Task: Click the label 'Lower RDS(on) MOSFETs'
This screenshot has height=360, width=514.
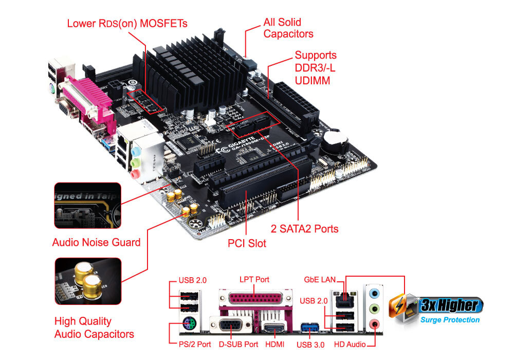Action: (x=127, y=24)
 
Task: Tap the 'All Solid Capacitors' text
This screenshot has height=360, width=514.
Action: (x=288, y=28)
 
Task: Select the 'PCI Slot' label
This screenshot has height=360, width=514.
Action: (x=247, y=243)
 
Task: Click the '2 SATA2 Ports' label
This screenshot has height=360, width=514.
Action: (x=305, y=228)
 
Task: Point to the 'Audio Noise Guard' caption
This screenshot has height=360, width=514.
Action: (x=96, y=242)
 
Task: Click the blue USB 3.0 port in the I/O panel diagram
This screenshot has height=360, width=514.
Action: (x=311, y=328)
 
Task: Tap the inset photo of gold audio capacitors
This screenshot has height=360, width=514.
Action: (x=88, y=281)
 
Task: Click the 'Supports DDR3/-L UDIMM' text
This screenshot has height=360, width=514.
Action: (x=315, y=67)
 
